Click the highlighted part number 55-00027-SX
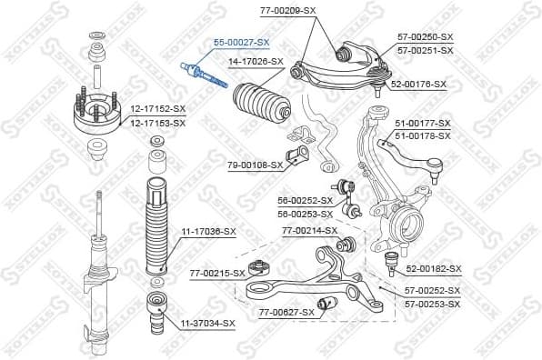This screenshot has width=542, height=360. tap(242, 43)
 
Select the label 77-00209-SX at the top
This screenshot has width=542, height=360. tap(287, 10)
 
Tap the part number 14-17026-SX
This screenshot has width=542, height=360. tap(256, 62)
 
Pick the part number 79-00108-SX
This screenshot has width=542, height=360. tap(256, 165)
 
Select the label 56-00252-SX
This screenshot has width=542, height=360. tap(306, 201)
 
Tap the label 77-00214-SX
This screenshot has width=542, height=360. tap(309, 231)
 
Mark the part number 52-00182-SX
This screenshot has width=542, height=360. tap(434, 269)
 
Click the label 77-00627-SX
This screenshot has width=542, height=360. tap(286, 312)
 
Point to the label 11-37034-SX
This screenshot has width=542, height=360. tap(206, 323)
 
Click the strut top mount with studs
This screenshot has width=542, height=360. tap(95, 113)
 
